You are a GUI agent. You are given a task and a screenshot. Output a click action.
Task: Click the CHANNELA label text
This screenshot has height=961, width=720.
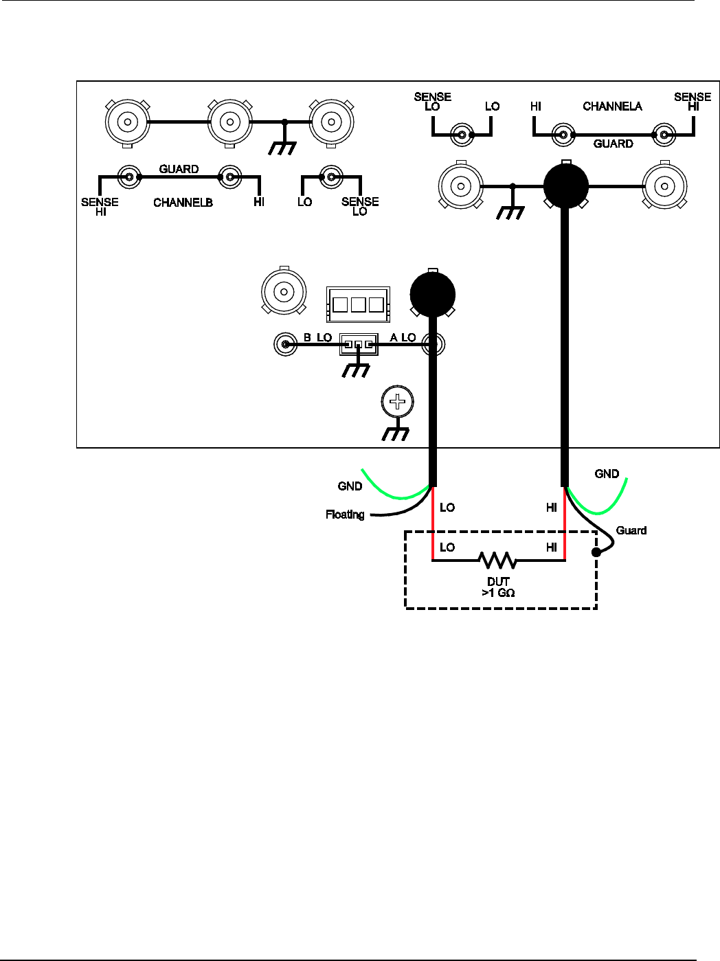click(x=612, y=106)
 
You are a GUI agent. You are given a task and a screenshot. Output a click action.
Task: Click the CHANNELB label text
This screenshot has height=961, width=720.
click(x=183, y=203)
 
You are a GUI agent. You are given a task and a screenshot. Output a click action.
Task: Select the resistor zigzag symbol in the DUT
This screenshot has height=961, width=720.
click(x=497, y=561)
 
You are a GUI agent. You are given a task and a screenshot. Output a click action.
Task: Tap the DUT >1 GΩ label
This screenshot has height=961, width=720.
click(x=498, y=587)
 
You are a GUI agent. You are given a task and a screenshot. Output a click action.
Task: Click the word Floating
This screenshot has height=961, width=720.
click(x=345, y=515)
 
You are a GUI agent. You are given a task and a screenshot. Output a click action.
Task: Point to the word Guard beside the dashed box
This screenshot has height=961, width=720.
click(x=631, y=530)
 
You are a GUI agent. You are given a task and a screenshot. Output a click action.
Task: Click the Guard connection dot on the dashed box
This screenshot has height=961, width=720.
click(x=596, y=552)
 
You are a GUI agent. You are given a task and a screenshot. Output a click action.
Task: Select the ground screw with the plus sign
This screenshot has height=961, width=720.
click(x=397, y=403)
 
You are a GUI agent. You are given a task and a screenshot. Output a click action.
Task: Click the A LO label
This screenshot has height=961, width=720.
click(x=403, y=337)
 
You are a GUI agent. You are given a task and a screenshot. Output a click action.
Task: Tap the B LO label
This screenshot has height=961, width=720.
click(x=318, y=337)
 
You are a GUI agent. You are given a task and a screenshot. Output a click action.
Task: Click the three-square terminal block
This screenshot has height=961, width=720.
click(x=358, y=304)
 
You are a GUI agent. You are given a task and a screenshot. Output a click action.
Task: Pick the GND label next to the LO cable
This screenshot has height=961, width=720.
click(x=350, y=486)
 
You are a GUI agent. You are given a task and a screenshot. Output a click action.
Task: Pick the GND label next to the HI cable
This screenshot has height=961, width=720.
click(x=607, y=474)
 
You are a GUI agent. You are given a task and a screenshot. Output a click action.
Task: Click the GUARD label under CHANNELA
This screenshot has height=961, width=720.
click(x=613, y=144)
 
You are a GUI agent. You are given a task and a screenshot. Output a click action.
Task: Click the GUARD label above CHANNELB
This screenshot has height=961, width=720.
click(x=179, y=169)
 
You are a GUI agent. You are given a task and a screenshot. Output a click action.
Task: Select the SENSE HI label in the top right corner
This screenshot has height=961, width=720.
click(x=693, y=102)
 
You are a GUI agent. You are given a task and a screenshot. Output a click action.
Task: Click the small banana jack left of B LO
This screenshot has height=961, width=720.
click(x=284, y=343)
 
